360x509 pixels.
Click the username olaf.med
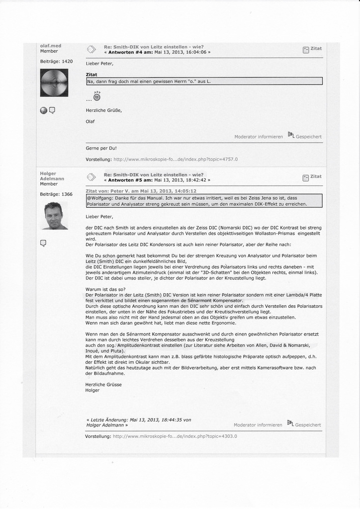50,46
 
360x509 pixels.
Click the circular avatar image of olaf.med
54,83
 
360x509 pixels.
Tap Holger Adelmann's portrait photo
53,216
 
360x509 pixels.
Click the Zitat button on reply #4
312,49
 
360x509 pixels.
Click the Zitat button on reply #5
312,176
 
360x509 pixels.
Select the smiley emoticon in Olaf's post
96,97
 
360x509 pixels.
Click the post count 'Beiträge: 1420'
56,61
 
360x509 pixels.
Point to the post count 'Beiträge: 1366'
56,194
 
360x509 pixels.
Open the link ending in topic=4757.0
176,159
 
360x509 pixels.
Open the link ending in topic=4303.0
175,436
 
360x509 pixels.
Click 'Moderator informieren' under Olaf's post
259,137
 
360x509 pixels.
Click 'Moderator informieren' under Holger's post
258,425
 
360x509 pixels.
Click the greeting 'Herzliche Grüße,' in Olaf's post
104,110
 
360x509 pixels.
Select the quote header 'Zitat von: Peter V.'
141,191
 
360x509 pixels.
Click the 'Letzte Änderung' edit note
138,422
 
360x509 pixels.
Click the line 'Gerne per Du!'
101,148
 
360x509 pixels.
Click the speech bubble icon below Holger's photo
43,243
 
